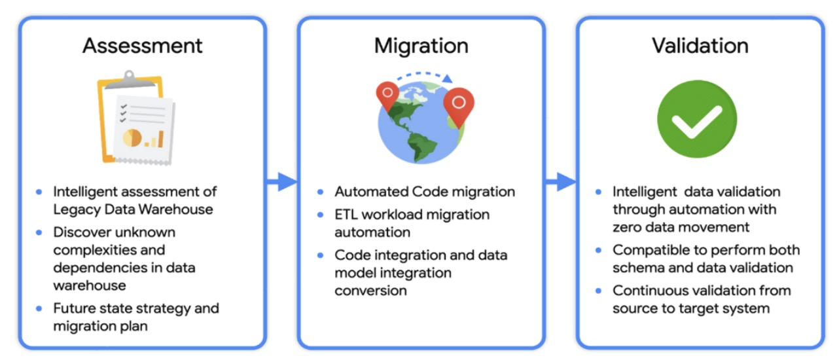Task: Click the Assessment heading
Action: click(142, 46)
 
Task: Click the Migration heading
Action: click(421, 46)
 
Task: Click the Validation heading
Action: click(700, 46)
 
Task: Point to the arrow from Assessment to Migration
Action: click(282, 182)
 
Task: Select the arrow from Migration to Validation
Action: click(561, 182)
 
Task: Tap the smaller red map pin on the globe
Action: click(387, 95)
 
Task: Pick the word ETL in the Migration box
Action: click(347, 215)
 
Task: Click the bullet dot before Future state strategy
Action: click(39, 308)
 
